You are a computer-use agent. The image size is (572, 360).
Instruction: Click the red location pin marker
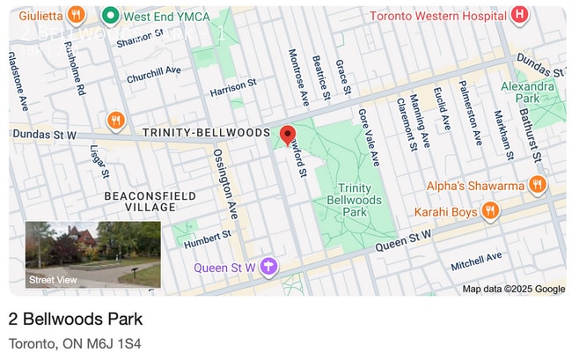(x=287, y=135)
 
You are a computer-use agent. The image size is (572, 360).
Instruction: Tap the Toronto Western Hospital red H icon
(x=520, y=15)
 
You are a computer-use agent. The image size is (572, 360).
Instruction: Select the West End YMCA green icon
(x=111, y=15)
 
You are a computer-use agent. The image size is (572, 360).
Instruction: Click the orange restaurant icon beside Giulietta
(x=77, y=15)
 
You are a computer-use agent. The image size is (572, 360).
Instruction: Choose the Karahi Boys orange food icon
(x=490, y=211)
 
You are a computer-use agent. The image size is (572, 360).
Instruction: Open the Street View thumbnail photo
(x=93, y=253)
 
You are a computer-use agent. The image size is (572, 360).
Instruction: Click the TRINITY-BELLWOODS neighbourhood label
(x=205, y=132)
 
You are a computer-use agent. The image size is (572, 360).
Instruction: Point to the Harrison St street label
(x=232, y=89)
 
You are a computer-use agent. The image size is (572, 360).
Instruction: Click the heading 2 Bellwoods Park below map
(x=76, y=319)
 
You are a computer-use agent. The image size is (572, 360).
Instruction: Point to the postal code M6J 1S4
(x=116, y=342)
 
